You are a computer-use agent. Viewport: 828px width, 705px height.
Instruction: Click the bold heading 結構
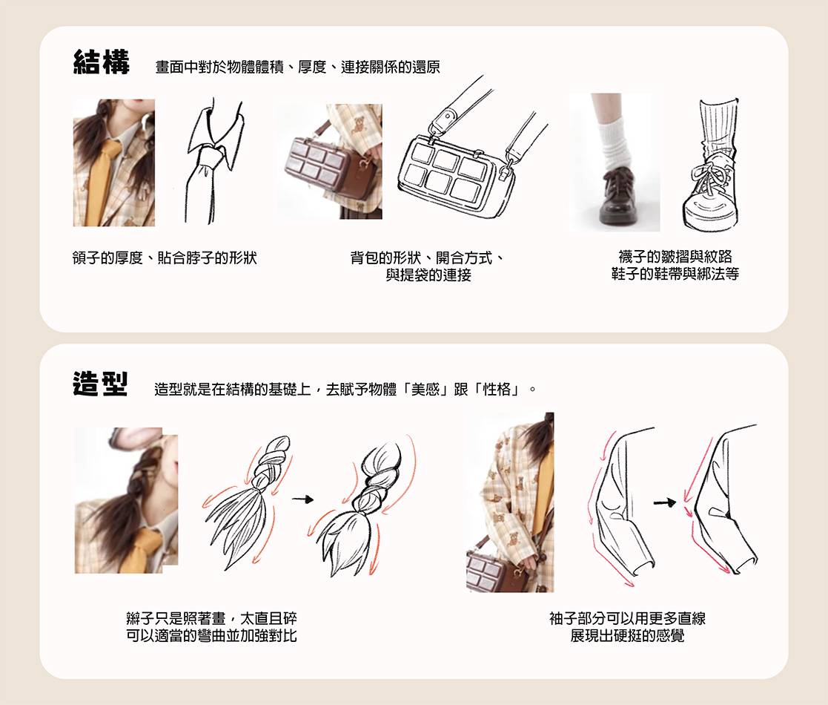click(101, 62)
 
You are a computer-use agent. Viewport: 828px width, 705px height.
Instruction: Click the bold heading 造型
click(100, 384)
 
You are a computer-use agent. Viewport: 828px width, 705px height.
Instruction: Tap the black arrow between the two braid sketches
click(302, 499)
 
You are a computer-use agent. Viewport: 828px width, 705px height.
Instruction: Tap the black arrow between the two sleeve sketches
click(665, 502)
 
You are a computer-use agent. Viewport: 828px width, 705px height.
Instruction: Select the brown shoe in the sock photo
click(617, 195)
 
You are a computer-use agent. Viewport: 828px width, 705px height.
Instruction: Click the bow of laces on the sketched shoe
click(709, 173)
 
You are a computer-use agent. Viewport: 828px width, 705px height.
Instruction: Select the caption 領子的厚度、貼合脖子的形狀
click(165, 258)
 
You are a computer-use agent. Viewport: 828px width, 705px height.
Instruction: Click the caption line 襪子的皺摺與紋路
click(675, 257)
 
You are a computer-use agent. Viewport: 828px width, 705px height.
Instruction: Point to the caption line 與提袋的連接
click(428, 275)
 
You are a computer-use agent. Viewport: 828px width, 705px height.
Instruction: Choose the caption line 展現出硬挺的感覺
click(627, 635)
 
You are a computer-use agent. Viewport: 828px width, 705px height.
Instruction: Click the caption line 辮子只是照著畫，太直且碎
click(212, 618)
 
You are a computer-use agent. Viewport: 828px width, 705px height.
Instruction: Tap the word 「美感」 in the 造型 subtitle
click(425, 390)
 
